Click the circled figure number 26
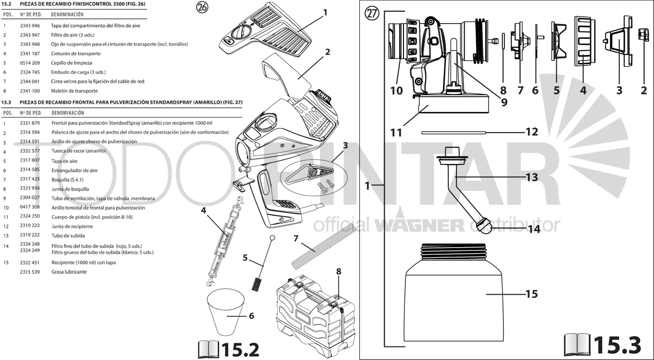click(x=202, y=7)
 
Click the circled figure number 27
click(x=372, y=13)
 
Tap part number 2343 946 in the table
click(x=30, y=25)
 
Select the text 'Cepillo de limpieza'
click(x=72, y=63)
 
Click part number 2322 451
click(x=30, y=262)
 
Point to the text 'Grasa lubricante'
click(x=69, y=272)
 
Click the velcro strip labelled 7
click(x=324, y=247)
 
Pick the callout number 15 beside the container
click(x=531, y=294)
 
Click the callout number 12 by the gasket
click(x=532, y=132)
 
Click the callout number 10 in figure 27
click(x=396, y=91)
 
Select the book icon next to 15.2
click(x=209, y=349)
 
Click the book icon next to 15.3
click(x=577, y=345)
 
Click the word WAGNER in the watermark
click(x=419, y=225)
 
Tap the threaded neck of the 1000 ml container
click(x=453, y=252)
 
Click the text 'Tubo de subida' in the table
click(x=68, y=236)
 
